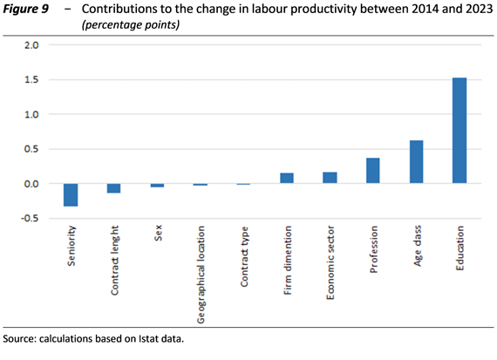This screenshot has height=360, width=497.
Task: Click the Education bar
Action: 460,131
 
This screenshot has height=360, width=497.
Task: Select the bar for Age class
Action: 416,162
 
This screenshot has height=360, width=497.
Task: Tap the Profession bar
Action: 373,171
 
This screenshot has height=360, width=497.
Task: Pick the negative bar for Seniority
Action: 71,195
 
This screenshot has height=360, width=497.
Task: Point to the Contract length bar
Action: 113,188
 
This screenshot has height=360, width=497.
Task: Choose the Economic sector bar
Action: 330,178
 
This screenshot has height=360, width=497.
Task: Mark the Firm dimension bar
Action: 287,178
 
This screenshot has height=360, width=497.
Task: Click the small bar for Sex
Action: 157,186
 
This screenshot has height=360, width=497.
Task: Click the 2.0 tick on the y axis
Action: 31,45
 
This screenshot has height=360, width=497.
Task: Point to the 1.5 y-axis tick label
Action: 31,79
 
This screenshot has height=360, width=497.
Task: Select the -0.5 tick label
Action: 30,218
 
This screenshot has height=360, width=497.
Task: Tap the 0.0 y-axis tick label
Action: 31,184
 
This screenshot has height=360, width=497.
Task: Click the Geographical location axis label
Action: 201,275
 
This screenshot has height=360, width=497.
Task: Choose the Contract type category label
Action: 244,256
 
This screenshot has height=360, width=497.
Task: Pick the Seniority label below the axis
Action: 71,246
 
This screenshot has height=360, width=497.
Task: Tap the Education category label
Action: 460,248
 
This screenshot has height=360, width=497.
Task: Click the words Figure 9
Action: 25,9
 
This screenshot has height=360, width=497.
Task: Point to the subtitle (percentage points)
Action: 131,24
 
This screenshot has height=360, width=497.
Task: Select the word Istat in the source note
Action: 149,338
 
